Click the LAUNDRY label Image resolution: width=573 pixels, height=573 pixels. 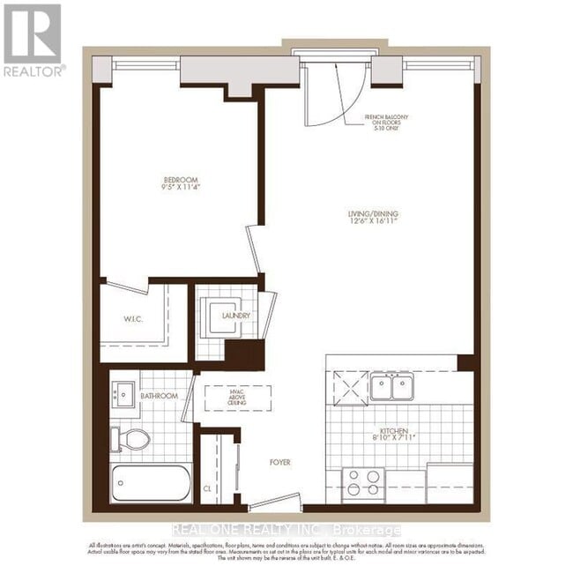pyautogui.click(x=236, y=316)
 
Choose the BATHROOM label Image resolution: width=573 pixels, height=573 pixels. pyautogui.click(x=160, y=397)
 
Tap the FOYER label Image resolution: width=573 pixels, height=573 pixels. pyautogui.click(x=280, y=462)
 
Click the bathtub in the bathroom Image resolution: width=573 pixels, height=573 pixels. pyautogui.click(x=151, y=483)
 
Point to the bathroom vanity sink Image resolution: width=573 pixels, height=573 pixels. pyautogui.click(x=123, y=394)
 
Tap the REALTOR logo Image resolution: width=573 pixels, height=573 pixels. pyautogui.click(x=33, y=40)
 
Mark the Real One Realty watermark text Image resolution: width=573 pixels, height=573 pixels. pyautogui.click(x=286, y=530)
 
